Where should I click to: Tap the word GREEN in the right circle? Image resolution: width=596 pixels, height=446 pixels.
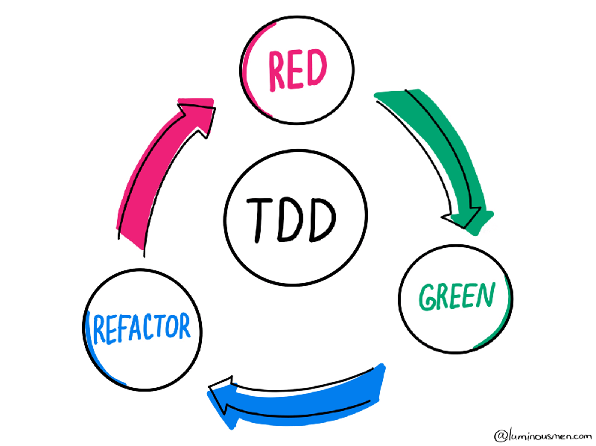coord(456,297)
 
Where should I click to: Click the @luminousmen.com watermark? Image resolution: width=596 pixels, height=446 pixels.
coord(542,434)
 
